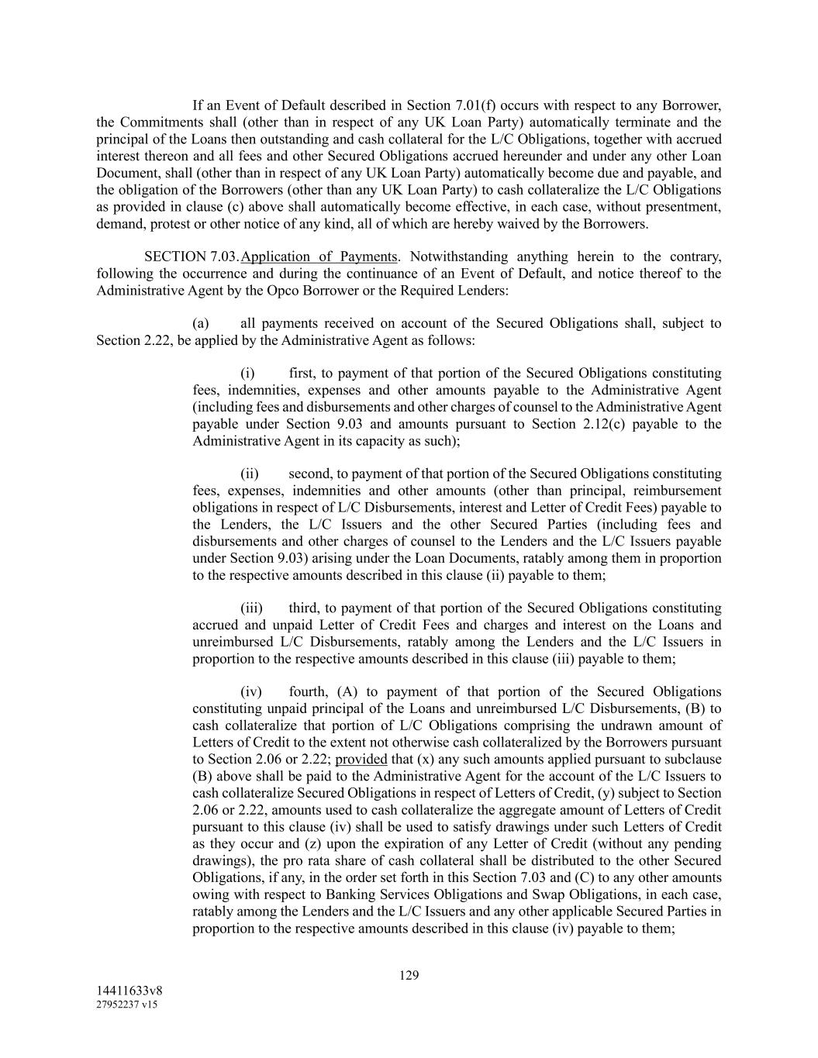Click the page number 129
tap(409, 975)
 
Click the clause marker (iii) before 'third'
tap(251, 608)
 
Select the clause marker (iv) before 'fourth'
tap(251, 692)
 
